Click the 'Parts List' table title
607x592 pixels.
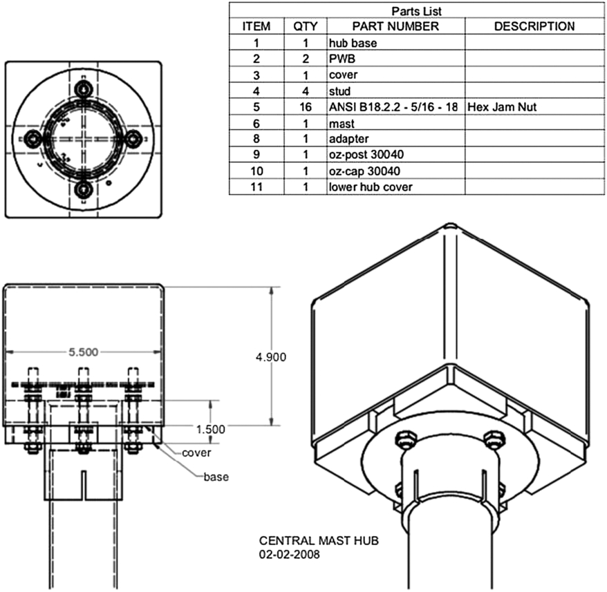coord(416,10)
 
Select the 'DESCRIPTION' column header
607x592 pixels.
coord(534,26)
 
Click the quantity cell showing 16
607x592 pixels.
coord(305,107)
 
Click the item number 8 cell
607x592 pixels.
coord(256,139)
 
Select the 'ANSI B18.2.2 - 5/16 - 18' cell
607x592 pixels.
coord(395,107)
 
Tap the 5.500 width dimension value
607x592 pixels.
coord(83,352)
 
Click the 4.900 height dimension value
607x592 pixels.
coord(270,357)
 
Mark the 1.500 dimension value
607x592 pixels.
coord(210,429)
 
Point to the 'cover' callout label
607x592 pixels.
coord(196,453)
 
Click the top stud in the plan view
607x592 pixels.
coord(84,89)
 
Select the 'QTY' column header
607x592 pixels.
coord(305,26)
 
